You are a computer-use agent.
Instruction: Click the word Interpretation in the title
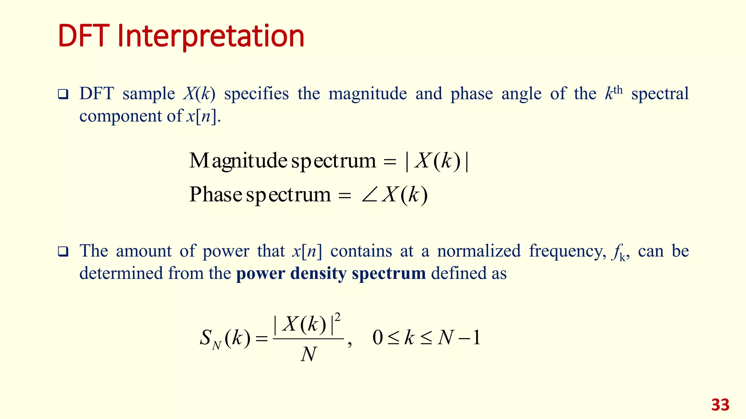(x=211, y=36)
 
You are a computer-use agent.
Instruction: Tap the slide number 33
(x=720, y=405)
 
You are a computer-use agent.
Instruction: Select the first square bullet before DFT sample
(x=63, y=95)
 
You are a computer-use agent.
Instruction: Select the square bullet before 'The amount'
(x=63, y=252)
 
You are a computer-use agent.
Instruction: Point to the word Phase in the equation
(x=216, y=194)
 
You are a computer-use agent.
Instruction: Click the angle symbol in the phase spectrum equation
(x=370, y=196)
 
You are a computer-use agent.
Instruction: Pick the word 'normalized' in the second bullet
(x=479, y=251)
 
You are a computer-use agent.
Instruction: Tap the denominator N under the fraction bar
(x=309, y=354)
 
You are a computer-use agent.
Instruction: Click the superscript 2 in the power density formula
(x=338, y=318)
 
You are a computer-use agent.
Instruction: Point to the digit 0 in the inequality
(x=378, y=338)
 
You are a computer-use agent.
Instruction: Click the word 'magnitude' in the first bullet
(x=368, y=94)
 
